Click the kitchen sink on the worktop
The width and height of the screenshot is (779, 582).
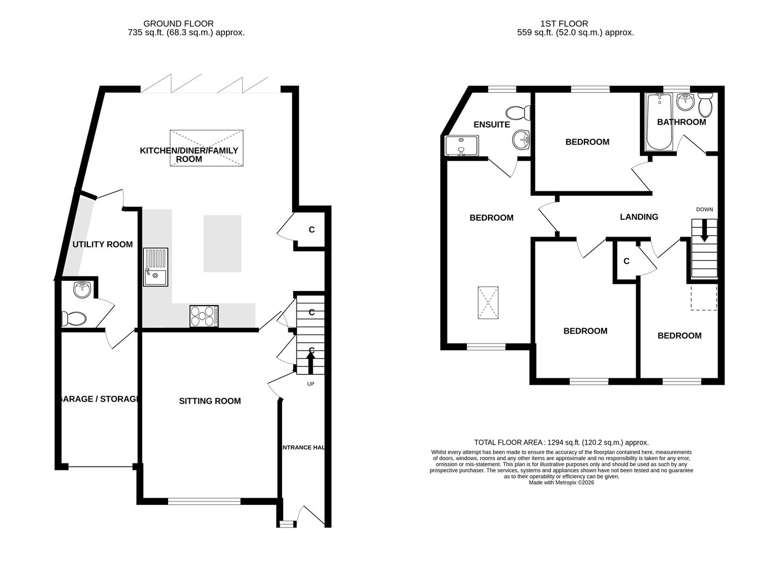pos(155,267)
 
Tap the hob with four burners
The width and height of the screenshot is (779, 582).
pos(204,316)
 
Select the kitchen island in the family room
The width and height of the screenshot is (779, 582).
pos(222,243)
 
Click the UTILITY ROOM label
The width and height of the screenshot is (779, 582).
pos(102,244)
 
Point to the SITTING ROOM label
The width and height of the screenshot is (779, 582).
pos(210,401)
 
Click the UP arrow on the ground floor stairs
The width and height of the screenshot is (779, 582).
pos(311,362)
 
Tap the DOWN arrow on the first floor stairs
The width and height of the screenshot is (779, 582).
pos(704,232)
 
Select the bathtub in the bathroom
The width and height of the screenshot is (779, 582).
pos(657,122)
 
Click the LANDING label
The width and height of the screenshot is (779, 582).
pos(639,217)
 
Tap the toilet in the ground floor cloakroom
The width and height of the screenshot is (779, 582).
pos(73,318)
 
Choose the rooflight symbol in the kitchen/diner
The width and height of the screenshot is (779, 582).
pos(206,148)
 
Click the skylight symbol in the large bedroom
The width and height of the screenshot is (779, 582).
pos(488,303)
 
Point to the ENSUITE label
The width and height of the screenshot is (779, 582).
pos(491,124)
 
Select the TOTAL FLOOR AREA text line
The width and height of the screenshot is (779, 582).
pos(561,442)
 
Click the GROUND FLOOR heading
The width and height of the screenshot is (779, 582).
pos(178,24)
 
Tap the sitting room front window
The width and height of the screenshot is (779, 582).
pos(204,501)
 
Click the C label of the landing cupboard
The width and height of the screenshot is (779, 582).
pos(626,261)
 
